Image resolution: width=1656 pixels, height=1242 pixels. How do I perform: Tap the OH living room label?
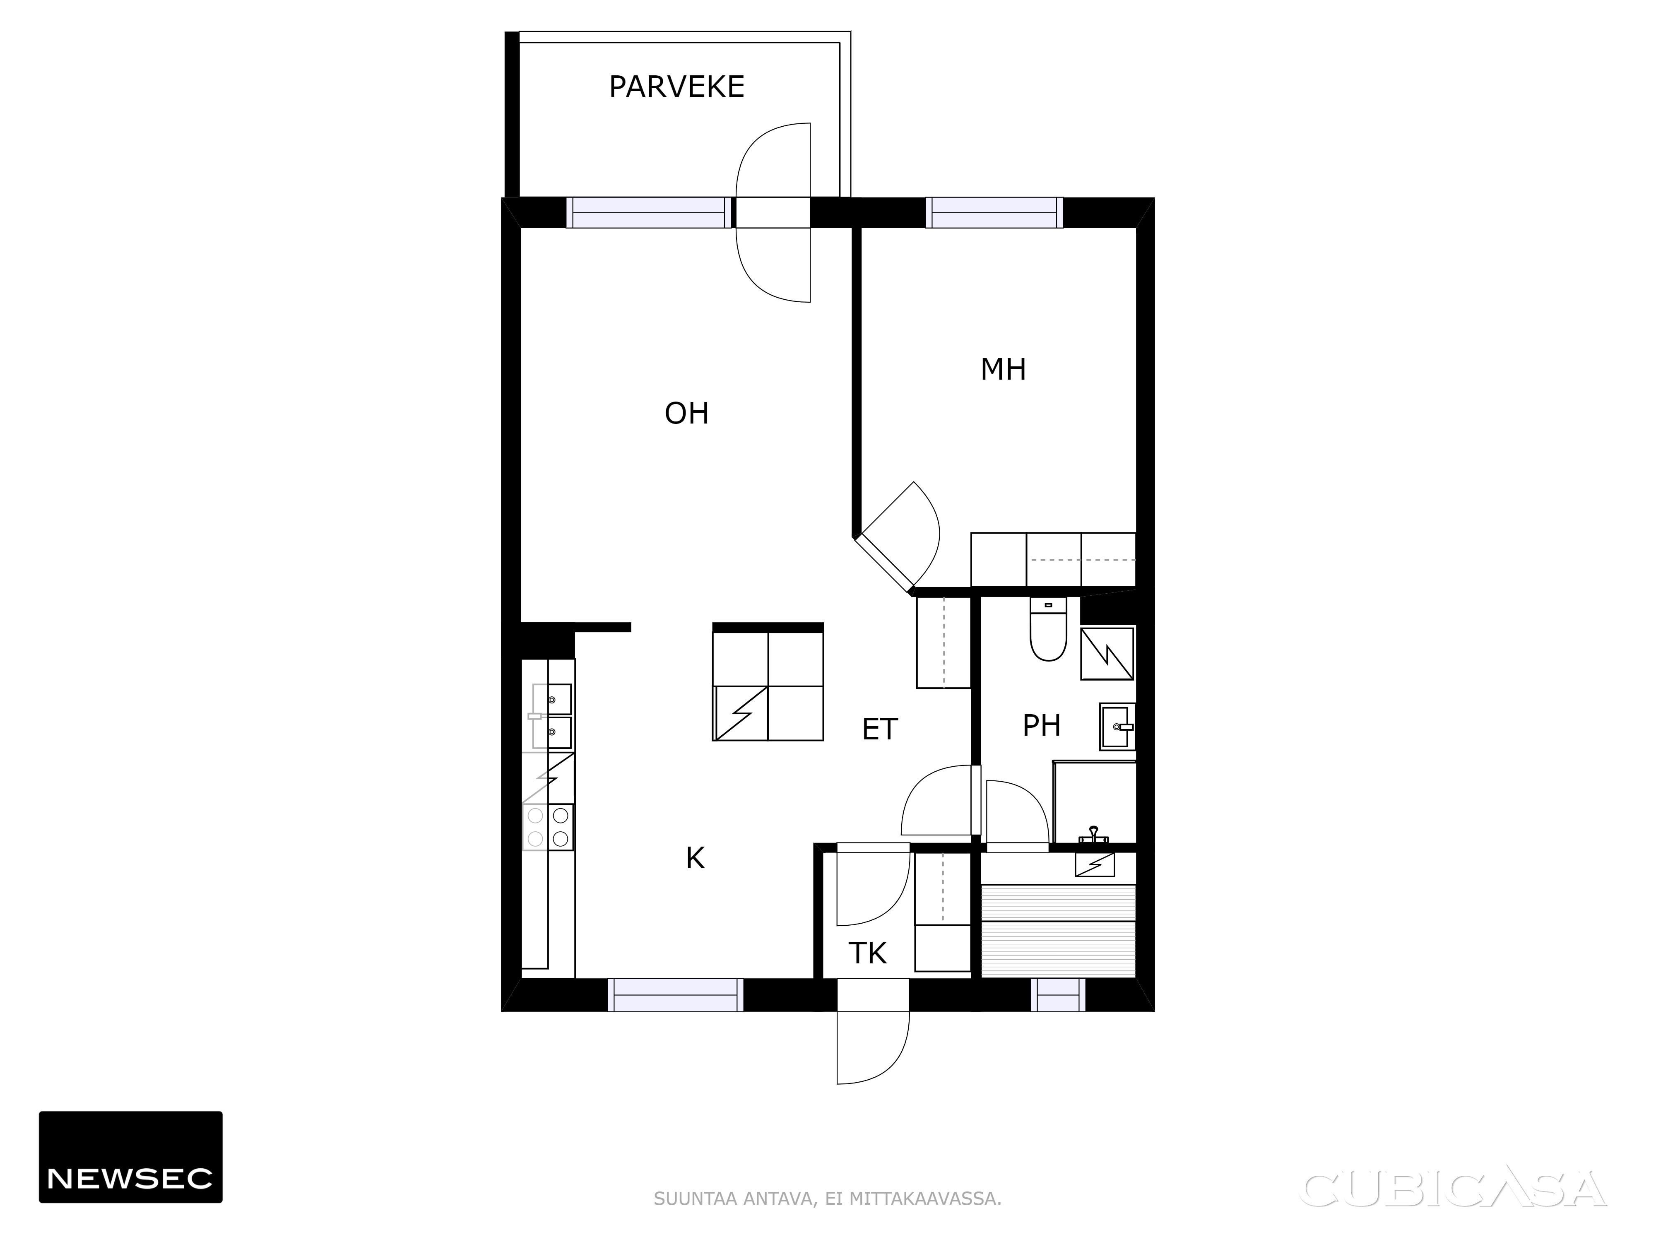tap(686, 413)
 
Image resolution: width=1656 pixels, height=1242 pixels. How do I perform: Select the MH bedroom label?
tap(1003, 369)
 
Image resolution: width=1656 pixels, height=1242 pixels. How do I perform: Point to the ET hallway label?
tap(880, 729)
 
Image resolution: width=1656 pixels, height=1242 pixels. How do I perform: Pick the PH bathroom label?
tap(1041, 725)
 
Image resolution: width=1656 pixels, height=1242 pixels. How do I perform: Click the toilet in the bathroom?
tap(1048, 629)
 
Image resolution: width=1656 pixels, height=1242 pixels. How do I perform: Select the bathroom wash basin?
tap(1118, 726)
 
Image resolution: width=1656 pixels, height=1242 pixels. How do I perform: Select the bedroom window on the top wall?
tap(994, 213)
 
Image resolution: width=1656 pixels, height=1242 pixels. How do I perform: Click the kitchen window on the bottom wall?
tap(675, 995)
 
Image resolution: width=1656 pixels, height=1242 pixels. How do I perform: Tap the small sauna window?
tap(1058, 995)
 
